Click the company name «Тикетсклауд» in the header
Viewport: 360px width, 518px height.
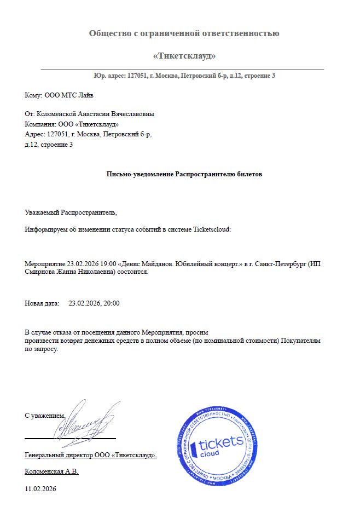point(184,56)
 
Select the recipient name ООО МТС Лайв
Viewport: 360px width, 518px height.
point(69,95)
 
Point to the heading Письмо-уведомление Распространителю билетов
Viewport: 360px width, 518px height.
point(184,174)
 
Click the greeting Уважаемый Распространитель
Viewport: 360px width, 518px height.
point(71,211)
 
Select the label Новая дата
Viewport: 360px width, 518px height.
point(42,303)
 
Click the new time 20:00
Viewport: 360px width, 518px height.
point(111,303)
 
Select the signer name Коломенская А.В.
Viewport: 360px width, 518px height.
point(52,471)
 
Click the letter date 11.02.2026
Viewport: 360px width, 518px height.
point(40,488)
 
